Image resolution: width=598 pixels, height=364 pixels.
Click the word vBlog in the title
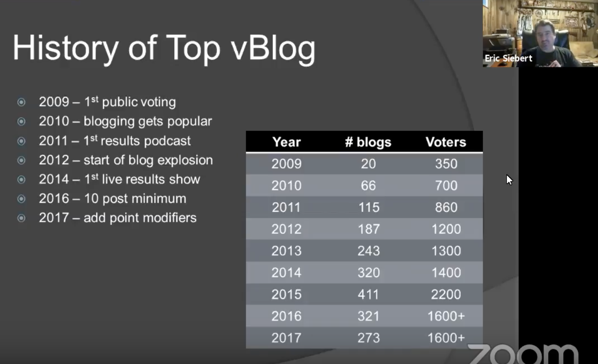click(x=273, y=48)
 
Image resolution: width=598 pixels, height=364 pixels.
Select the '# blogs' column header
click(x=368, y=142)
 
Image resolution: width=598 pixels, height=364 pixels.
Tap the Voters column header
click(x=446, y=142)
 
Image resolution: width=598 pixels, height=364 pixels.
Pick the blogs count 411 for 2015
click(x=369, y=294)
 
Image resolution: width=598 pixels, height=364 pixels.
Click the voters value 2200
click(x=446, y=294)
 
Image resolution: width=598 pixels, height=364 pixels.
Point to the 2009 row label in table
click(x=286, y=164)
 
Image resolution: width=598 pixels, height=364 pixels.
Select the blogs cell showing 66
click(x=369, y=185)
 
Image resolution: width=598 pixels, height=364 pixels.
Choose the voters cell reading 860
click(x=446, y=207)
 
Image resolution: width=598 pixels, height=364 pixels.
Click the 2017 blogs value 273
click(x=369, y=338)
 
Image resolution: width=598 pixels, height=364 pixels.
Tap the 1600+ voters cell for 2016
click(x=446, y=316)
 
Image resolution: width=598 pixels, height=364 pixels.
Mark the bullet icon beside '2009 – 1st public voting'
click(x=21, y=102)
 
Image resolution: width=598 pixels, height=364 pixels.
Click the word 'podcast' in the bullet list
click(x=167, y=141)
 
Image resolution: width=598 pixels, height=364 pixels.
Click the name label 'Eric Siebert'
click(x=508, y=58)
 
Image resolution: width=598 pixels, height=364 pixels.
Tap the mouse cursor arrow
click(x=509, y=179)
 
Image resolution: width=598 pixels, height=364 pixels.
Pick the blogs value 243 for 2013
click(x=369, y=251)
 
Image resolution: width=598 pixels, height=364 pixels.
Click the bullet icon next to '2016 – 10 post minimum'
click(x=21, y=199)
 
